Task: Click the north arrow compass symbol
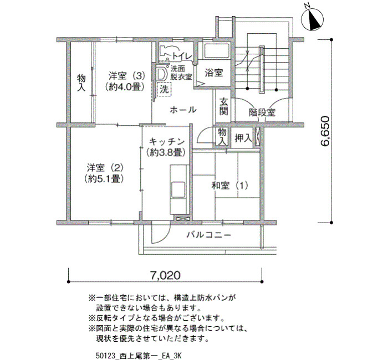pyautogui.click(x=313, y=19)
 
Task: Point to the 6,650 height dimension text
pyautogui.click(x=325, y=131)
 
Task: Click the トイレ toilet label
pyautogui.click(x=182, y=56)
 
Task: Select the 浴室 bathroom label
pyautogui.click(x=214, y=73)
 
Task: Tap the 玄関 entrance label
pyautogui.click(x=223, y=106)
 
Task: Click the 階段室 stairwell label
pyautogui.click(x=262, y=112)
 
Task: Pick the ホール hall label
pyautogui.click(x=183, y=110)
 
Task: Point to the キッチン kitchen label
pyautogui.click(x=167, y=142)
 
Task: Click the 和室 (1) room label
pyautogui.click(x=229, y=185)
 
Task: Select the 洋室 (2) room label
pyautogui.click(x=105, y=168)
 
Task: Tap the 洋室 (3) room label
pyautogui.click(x=126, y=75)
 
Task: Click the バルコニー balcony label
pyautogui.click(x=209, y=234)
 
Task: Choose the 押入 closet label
pyautogui.click(x=243, y=138)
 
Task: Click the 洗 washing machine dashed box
pyautogui.click(x=164, y=89)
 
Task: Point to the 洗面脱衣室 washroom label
pyautogui.click(x=181, y=73)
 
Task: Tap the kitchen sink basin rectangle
pyautogui.click(x=178, y=189)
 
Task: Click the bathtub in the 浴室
pyautogui.click(x=216, y=52)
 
